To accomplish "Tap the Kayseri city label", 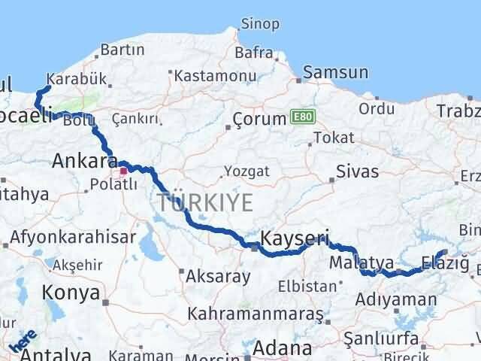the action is point(295,239).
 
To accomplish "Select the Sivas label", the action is point(358,171).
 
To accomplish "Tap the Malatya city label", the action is point(362,262).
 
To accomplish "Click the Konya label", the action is point(71,292).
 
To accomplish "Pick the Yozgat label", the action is point(247,171).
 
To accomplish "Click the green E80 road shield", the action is point(301,117).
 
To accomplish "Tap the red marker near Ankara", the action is point(123,171).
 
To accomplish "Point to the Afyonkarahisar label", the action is point(74,238).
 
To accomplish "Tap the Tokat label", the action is point(333,138).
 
